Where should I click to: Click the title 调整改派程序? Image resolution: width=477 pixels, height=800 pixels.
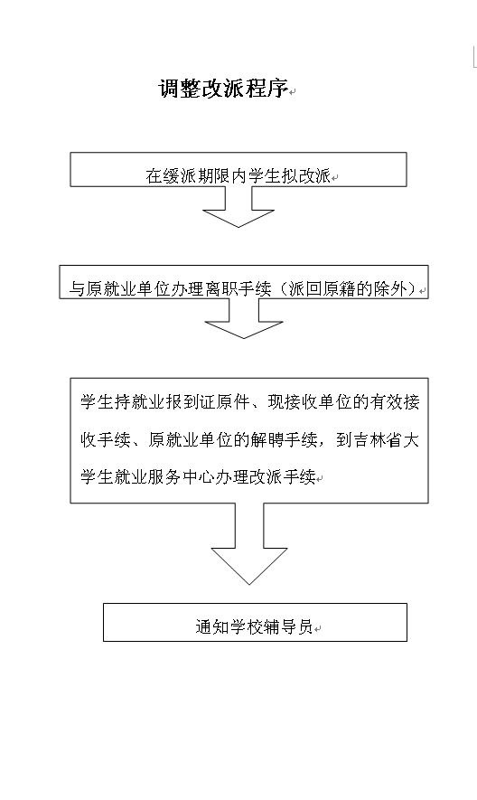pos(223,89)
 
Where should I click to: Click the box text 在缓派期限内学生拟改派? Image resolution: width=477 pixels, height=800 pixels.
pos(238,176)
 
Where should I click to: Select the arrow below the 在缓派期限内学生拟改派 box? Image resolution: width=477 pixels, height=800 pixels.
pos(238,207)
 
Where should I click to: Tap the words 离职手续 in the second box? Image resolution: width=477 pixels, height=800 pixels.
pos(238,289)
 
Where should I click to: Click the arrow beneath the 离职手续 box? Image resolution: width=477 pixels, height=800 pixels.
pos(243,318)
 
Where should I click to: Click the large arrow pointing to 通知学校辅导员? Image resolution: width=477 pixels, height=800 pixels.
pos(249,544)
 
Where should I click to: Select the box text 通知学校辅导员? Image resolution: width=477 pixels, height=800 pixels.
pos(254,626)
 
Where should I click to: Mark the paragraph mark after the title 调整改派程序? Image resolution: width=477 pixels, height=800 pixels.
pos(293,92)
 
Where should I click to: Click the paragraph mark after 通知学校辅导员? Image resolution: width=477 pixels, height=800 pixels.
pos(317,628)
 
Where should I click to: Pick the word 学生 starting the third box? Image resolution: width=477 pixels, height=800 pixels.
pos(97,402)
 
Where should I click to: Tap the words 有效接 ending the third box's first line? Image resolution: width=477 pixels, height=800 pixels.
pos(394,402)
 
